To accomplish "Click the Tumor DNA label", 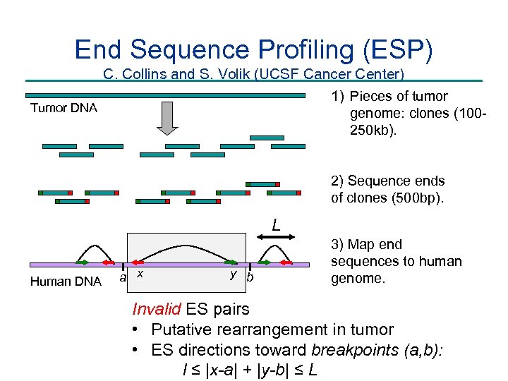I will (64, 108).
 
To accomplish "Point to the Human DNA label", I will (66, 282).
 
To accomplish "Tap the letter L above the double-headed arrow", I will (277, 226).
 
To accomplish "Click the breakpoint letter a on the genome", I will (123, 277).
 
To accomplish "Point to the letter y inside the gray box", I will (232, 274).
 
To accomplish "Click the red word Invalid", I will (155, 309).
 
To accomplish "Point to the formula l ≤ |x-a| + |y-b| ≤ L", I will (249, 369).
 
